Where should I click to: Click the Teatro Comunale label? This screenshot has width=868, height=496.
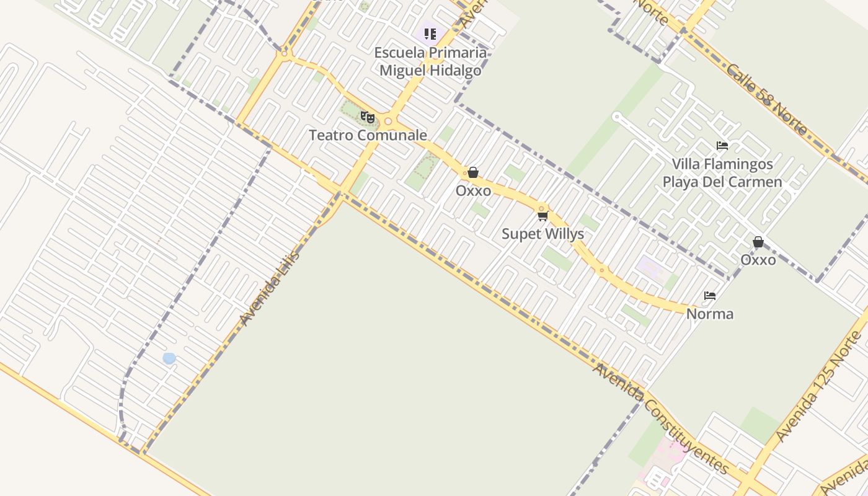click(x=368, y=135)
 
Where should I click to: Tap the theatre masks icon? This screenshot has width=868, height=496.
click(x=368, y=117)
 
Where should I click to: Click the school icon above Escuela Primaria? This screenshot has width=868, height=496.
click(x=430, y=33)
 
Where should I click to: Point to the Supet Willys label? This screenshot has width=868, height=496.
click(x=542, y=234)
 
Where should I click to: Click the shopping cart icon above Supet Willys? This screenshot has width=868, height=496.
click(x=543, y=216)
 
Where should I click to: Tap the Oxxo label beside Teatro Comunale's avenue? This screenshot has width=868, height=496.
click(x=473, y=190)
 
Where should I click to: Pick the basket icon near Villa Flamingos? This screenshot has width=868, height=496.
click(x=758, y=242)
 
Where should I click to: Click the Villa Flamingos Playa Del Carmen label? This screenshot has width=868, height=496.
click(x=722, y=173)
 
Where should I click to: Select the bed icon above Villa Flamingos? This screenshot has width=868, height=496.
click(x=722, y=146)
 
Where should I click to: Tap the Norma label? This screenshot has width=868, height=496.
click(x=710, y=314)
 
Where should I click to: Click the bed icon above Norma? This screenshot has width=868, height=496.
click(x=710, y=296)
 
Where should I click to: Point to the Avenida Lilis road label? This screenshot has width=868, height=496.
click(x=270, y=288)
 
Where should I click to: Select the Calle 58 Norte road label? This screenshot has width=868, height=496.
click(x=767, y=99)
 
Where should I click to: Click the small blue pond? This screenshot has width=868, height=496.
click(x=169, y=358)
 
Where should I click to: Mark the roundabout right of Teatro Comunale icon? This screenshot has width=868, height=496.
click(x=388, y=122)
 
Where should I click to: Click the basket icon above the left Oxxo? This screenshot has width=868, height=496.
click(x=473, y=172)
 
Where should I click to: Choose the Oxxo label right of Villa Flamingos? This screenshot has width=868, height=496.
click(x=758, y=260)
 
